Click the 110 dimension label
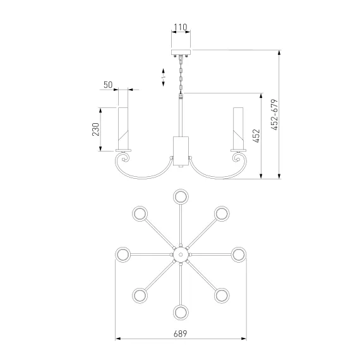(181, 27)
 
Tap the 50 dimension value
(108, 85)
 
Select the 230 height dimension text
(96, 129)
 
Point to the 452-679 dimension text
(274, 115)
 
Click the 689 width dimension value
(181, 333)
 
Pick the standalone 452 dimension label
(256, 136)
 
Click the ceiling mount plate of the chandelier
(181, 52)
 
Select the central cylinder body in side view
(181, 151)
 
